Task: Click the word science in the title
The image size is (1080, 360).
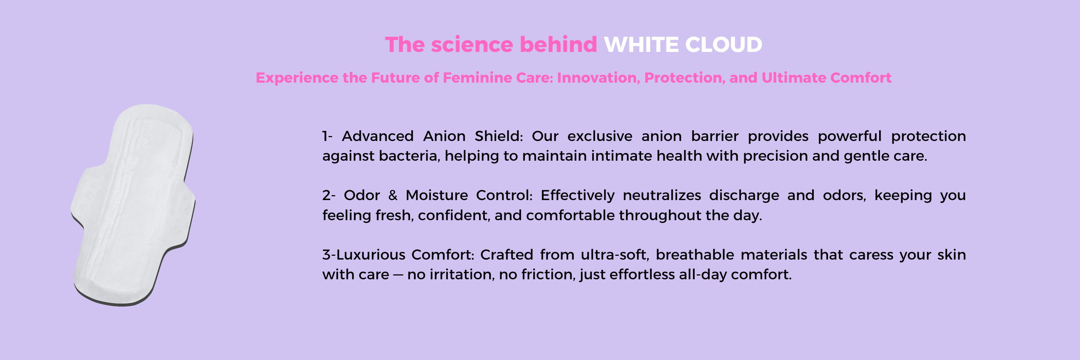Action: click(472, 44)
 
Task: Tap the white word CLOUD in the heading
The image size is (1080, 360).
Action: click(724, 45)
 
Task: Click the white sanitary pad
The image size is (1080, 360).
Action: click(133, 205)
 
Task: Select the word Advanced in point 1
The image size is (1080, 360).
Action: click(378, 136)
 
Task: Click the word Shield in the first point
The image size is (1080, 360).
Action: click(499, 136)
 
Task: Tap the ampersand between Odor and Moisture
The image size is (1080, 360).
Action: click(393, 195)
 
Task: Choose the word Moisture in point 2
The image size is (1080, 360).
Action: click(437, 195)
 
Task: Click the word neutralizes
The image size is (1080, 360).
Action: click(662, 195)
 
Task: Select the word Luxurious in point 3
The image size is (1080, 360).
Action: click(371, 255)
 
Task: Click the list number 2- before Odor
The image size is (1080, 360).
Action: click(329, 195)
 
